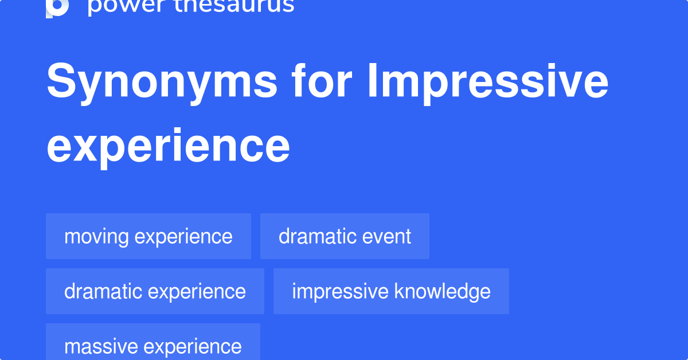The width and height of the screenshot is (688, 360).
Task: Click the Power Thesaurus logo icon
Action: [x=57, y=7]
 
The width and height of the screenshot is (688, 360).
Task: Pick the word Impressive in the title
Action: [x=487, y=81]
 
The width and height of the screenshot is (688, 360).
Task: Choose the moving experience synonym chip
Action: [x=148, y=236]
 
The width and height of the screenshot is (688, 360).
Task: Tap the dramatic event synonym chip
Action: [x=345, y=236]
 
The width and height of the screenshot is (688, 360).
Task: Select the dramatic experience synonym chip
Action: [x=155, y=291]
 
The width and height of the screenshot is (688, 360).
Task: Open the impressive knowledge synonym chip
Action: [x=391, y=291]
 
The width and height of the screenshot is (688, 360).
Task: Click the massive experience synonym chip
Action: [x=153, y=346]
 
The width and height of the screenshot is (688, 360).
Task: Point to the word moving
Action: [x=96, y=236]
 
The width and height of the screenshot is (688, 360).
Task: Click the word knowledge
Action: [x=442, y=291]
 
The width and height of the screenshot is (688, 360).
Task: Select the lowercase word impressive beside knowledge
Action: [x=340, y=291]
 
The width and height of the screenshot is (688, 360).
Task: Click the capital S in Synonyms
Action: [x=60, y=81]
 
